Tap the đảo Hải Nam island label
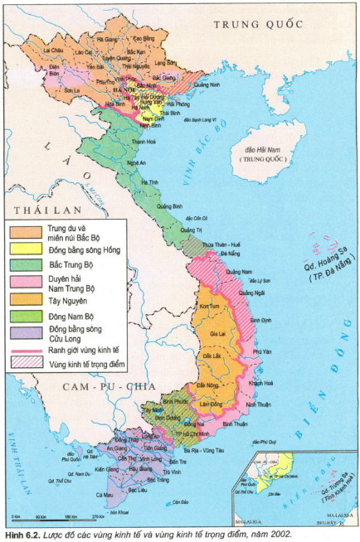(x=261, y=151)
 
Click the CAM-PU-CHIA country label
(x=100, y=387)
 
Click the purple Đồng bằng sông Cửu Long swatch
(x=25, y=331)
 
